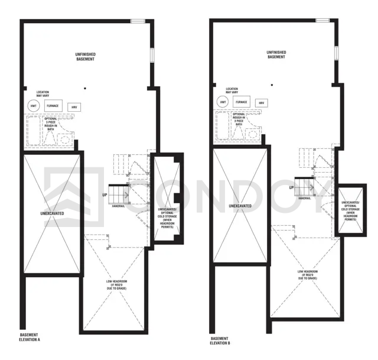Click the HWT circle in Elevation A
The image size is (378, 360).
(33, 106)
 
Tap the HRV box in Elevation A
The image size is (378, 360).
(74, 107)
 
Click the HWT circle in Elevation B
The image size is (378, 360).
(223, 102)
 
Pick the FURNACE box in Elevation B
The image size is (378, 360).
(241, 102)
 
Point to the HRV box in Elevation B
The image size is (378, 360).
(260, 103)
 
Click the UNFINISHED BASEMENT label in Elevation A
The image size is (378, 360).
(86, 57)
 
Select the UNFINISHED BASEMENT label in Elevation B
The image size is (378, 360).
(276, 54)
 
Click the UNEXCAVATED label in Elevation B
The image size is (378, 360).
(240, 206)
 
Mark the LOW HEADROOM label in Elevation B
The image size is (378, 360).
(306, 275)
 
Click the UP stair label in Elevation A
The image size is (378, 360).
(104, 194)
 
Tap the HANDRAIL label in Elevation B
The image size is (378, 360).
(304, 198)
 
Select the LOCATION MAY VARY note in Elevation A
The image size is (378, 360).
(43, 94)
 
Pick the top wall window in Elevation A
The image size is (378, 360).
(138, 21)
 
